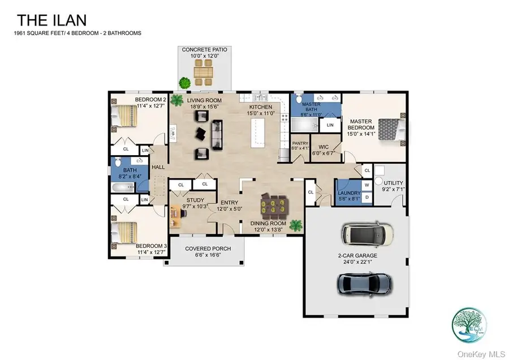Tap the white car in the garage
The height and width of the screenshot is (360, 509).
point(368,233)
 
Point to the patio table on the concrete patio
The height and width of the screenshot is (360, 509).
point(204,72)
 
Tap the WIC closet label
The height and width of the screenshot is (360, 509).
point(323,148)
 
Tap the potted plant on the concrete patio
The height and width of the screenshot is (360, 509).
point(184,83)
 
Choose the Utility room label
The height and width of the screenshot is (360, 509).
point(394,186)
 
